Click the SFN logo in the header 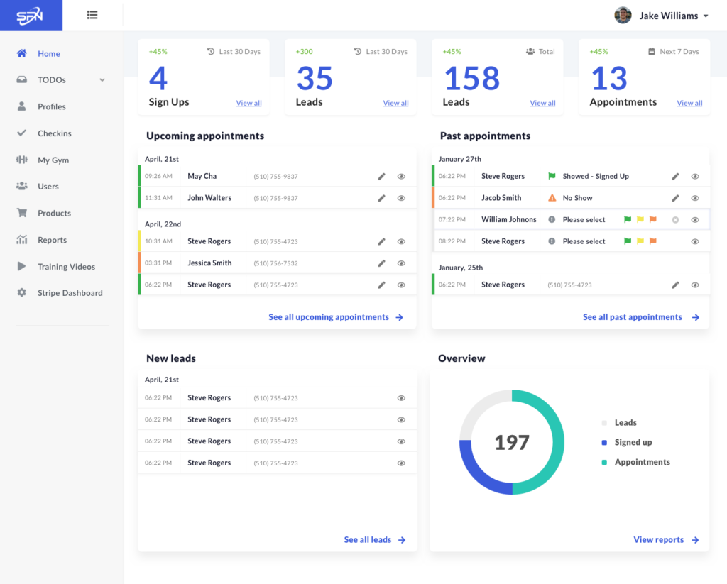click(30, 16)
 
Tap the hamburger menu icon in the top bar click(92, 15)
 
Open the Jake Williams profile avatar click(623, 16)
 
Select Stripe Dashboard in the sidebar click(70, 293)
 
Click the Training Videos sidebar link click(66, 267)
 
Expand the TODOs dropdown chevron click(102, 79)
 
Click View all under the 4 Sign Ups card click(248, 103)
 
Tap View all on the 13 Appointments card click(689, 103)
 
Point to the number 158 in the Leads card click(472, 78)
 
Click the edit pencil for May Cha click(381, 176)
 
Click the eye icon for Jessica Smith click(402, 263)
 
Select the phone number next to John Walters click(276, 199)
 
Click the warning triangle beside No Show click(552, 198)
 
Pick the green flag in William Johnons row click(628, 219)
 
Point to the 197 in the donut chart click(512, 443)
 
